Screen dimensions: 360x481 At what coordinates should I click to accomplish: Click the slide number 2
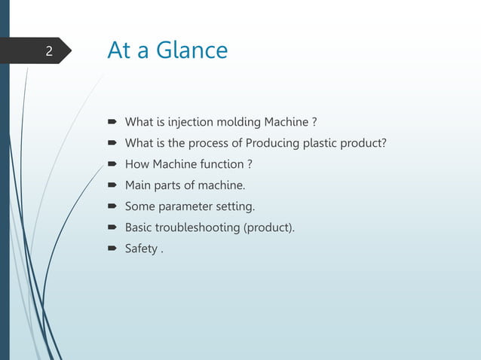[48, 52]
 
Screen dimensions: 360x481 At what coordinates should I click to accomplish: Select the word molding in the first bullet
[237, 122]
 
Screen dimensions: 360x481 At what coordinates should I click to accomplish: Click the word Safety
[140, 249]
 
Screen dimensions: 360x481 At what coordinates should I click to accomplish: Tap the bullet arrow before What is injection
[111, 122]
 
